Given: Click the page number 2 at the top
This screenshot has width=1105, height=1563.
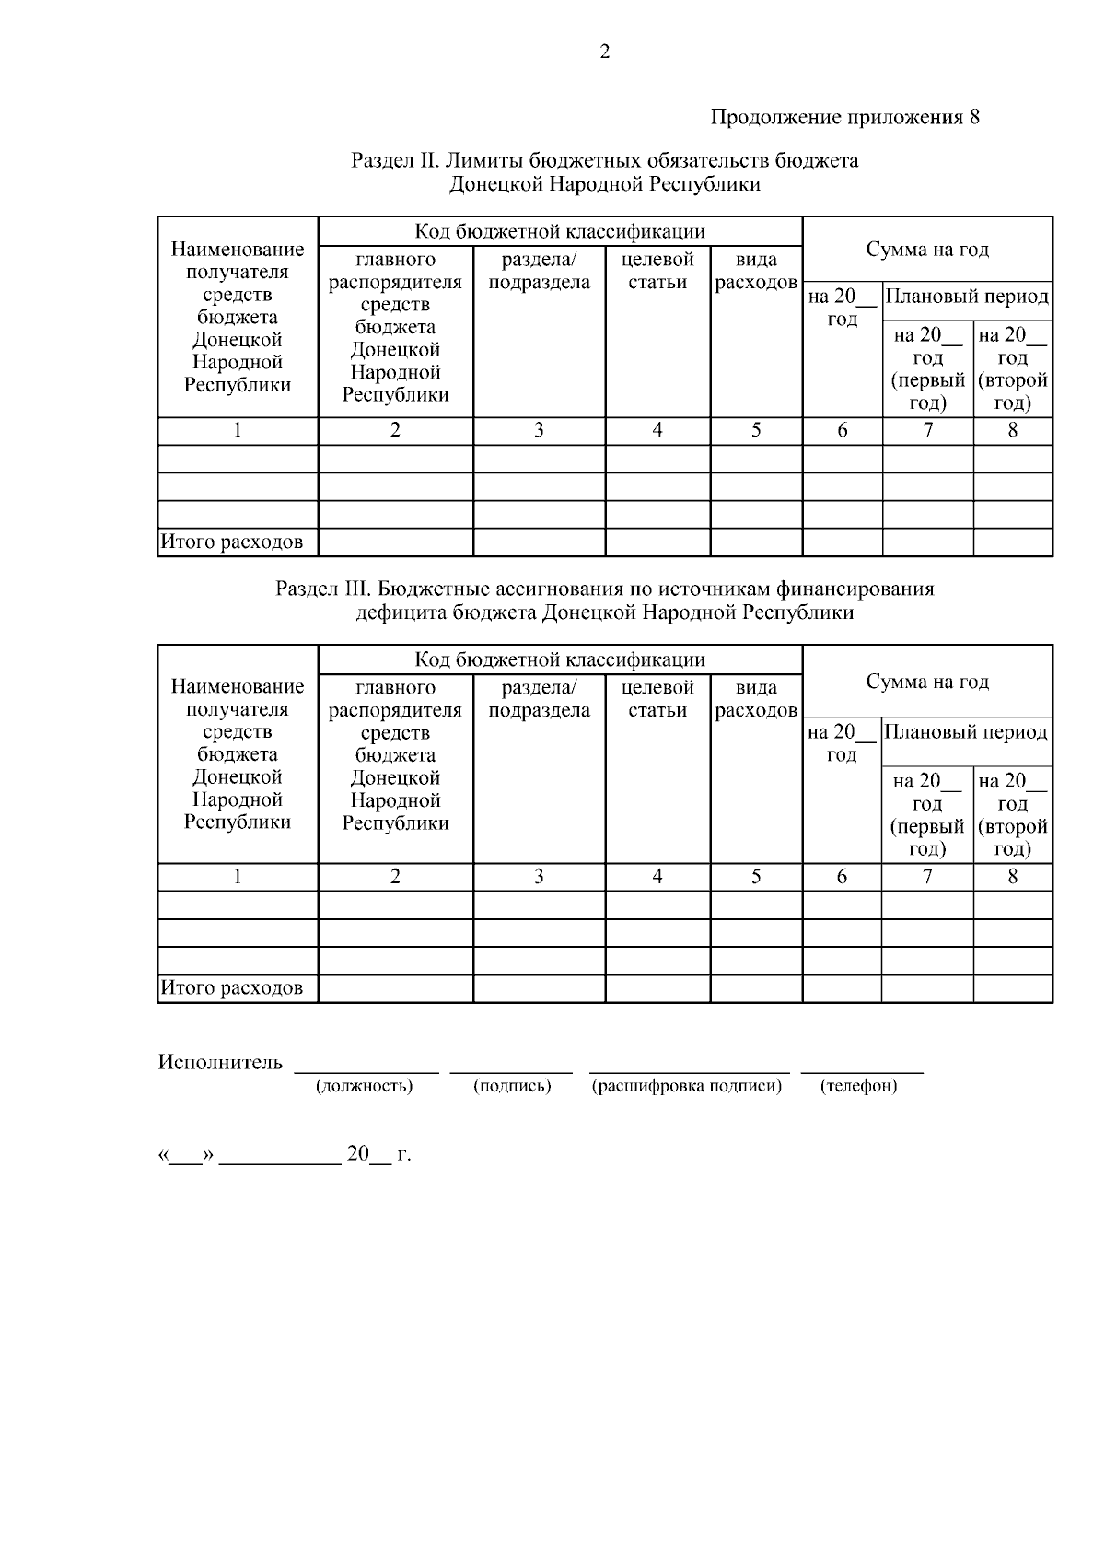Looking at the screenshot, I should [605, 52].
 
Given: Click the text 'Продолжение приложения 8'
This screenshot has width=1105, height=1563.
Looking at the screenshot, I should [843, 118].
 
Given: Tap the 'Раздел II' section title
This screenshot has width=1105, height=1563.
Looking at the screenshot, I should [605, 172].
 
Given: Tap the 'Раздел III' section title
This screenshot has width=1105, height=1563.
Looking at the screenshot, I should [605, 601].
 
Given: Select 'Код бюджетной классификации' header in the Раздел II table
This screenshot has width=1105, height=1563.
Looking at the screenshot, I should [560, 230].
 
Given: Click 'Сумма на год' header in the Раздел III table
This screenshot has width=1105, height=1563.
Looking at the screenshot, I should [927, 682].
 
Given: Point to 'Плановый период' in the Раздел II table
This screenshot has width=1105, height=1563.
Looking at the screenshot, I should [966, 297].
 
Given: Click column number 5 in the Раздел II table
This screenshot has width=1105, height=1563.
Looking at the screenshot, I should [756, 430].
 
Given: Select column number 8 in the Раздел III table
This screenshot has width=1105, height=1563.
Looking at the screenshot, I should [1012, 877].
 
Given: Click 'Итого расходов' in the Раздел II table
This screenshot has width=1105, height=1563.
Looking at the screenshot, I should [232, 542].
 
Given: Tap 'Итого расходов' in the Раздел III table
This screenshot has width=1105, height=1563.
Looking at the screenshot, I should [232, 988].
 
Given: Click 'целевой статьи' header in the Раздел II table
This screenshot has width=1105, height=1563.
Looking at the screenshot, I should [657, 271].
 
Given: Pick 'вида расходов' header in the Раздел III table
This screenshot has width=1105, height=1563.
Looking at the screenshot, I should [756, 699].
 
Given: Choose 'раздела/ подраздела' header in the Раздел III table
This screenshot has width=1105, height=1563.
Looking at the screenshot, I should [539, 699].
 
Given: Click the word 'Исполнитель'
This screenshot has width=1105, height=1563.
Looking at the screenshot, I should [220, 1063].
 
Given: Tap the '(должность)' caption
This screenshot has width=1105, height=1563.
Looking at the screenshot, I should [364, 1086].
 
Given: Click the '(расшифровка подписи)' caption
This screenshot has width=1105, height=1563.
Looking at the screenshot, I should [686, 1086].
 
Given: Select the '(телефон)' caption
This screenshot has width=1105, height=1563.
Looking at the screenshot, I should [858, 1086].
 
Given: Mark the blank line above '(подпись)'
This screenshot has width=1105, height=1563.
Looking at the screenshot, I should [511, 1070].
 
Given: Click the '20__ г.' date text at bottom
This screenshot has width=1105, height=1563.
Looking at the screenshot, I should [378, 1154].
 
